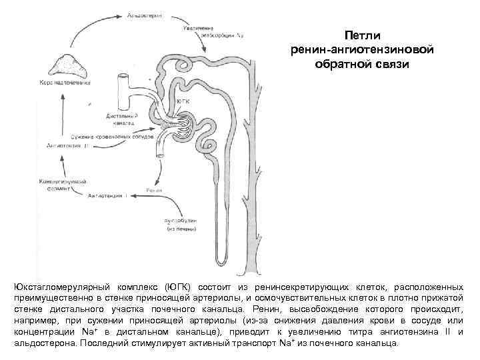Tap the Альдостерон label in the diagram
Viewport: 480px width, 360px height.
pyautogui.click(x=142, y=13)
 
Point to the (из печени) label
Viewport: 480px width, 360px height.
pyautogui.click(x=165, y=228)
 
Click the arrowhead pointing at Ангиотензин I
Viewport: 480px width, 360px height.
pyautogui.click(x=132, y=195)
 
